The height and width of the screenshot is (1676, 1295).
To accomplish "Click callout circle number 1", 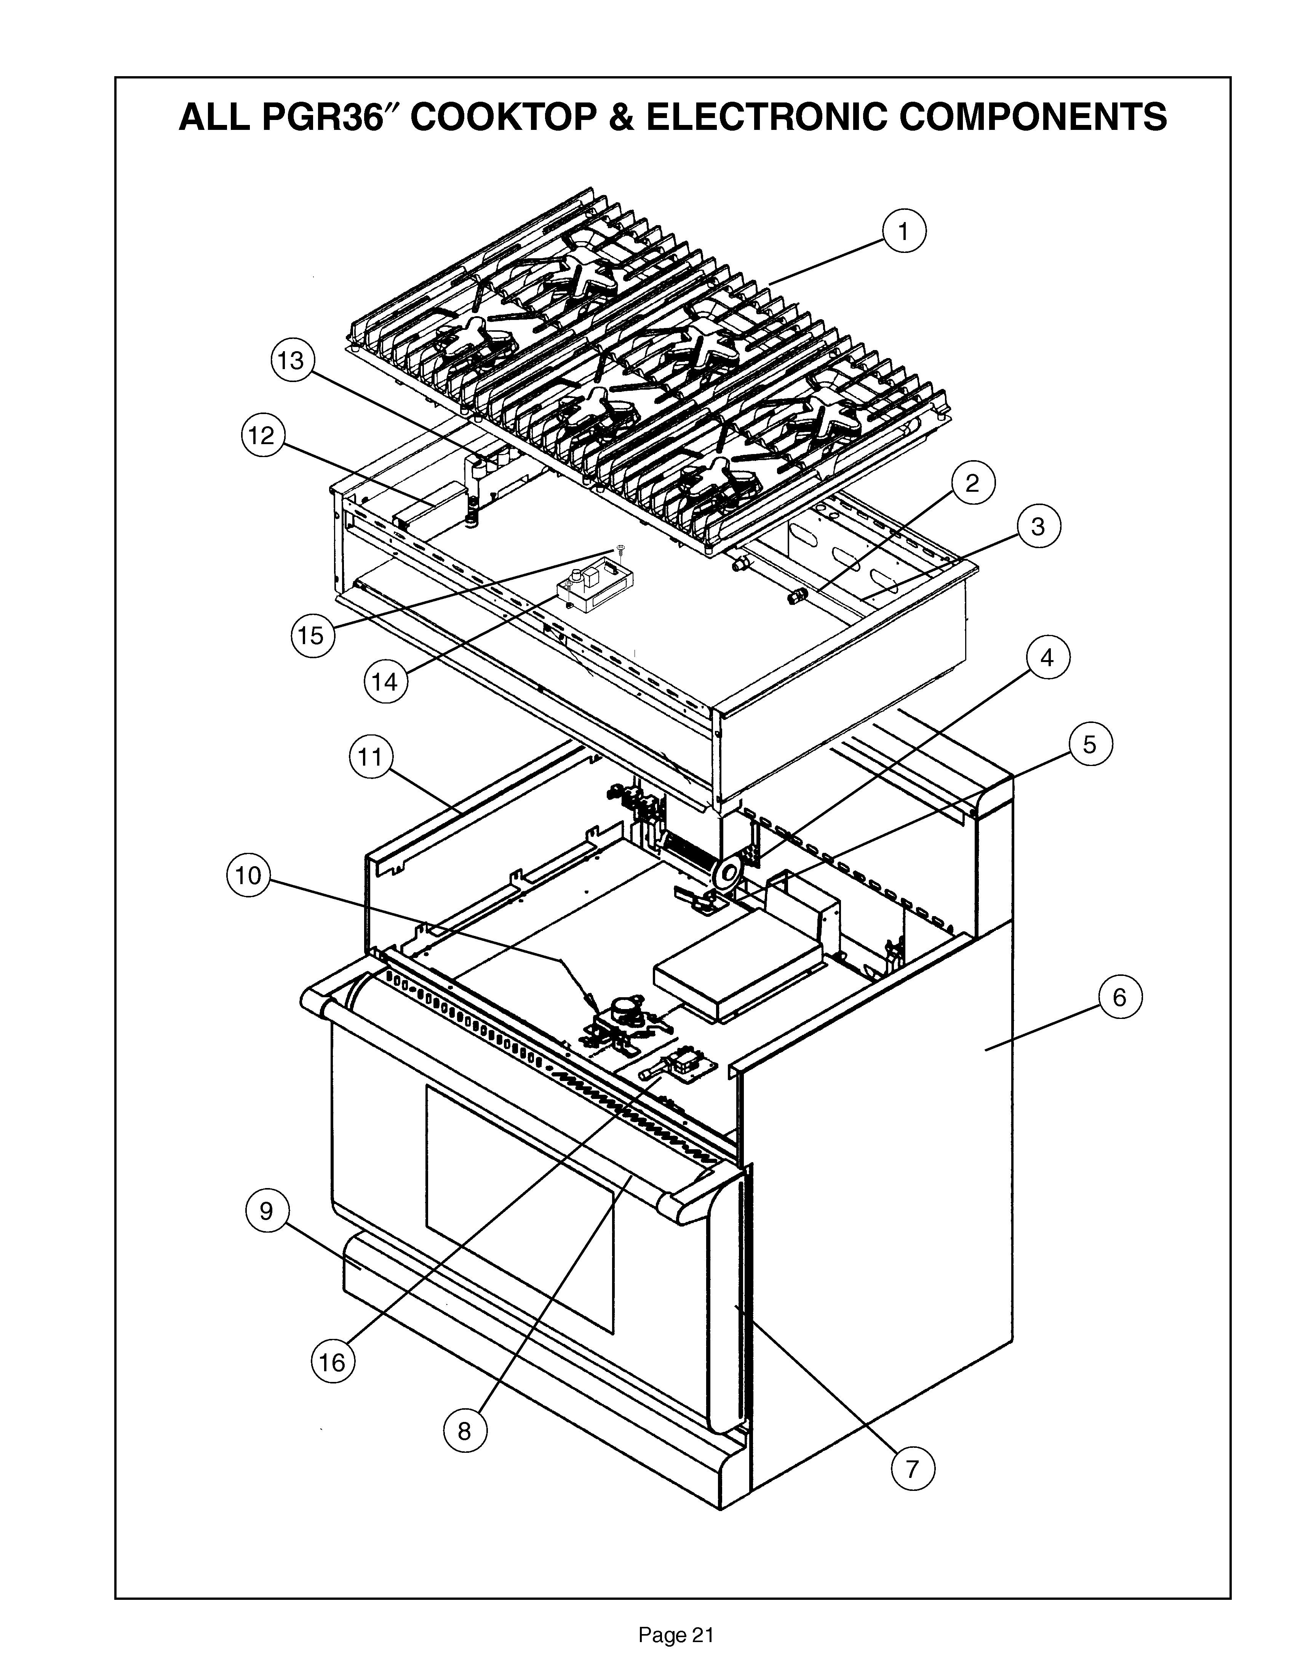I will [x=903, y=231].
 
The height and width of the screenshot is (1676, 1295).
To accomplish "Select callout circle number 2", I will [x=972, y=483].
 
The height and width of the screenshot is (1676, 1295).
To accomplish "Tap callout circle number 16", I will [x=332, y=1362].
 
